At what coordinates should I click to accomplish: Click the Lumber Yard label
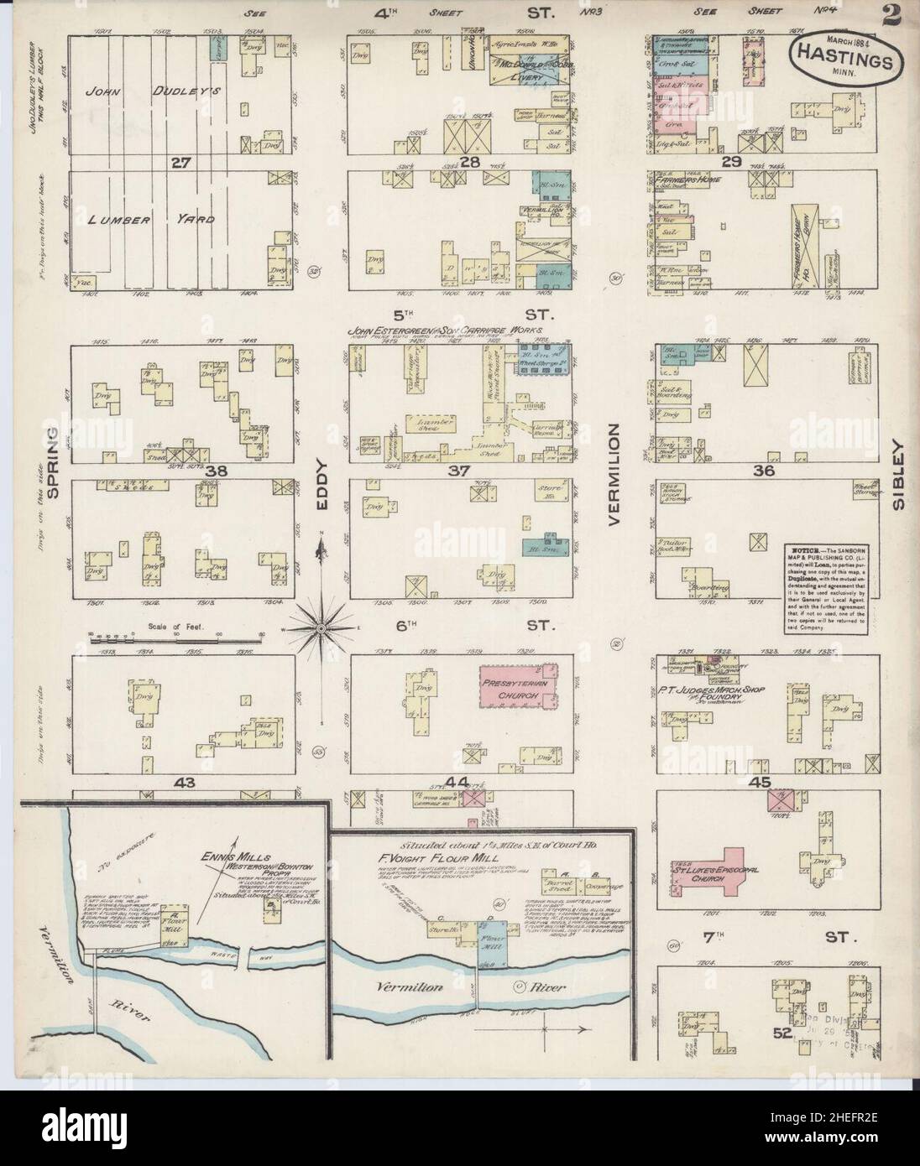pyautogui.click(x=151, y=220)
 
